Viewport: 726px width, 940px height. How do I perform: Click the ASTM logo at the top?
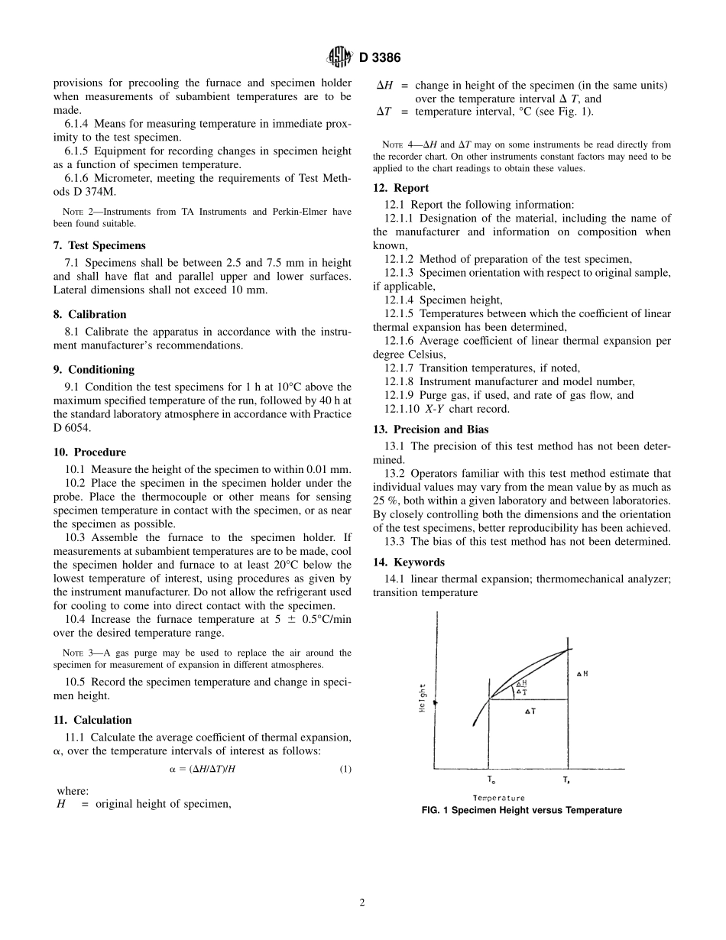click(x=338, y=57)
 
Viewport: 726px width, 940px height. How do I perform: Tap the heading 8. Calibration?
click(x=89, y=314)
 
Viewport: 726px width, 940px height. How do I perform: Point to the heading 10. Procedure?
click(x=89, y=452)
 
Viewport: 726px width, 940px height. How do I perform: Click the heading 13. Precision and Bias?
click(x=430, y=429)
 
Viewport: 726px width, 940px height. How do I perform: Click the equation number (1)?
click(x=345, y=770)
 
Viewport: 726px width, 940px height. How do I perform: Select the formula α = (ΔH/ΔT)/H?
click(x=203, y=770)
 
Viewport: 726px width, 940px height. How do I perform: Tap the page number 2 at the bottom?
click(x=362, y=903)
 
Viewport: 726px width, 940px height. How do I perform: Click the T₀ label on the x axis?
click(x=491, y=780)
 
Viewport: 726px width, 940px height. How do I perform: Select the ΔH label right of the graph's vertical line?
click(x=582, y=673)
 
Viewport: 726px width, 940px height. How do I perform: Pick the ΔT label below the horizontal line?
click(x=530, y=711)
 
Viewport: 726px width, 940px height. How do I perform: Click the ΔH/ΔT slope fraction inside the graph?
click(x=521, y=686)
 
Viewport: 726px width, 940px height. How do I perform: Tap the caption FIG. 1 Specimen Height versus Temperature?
click(x=522, y=810)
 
